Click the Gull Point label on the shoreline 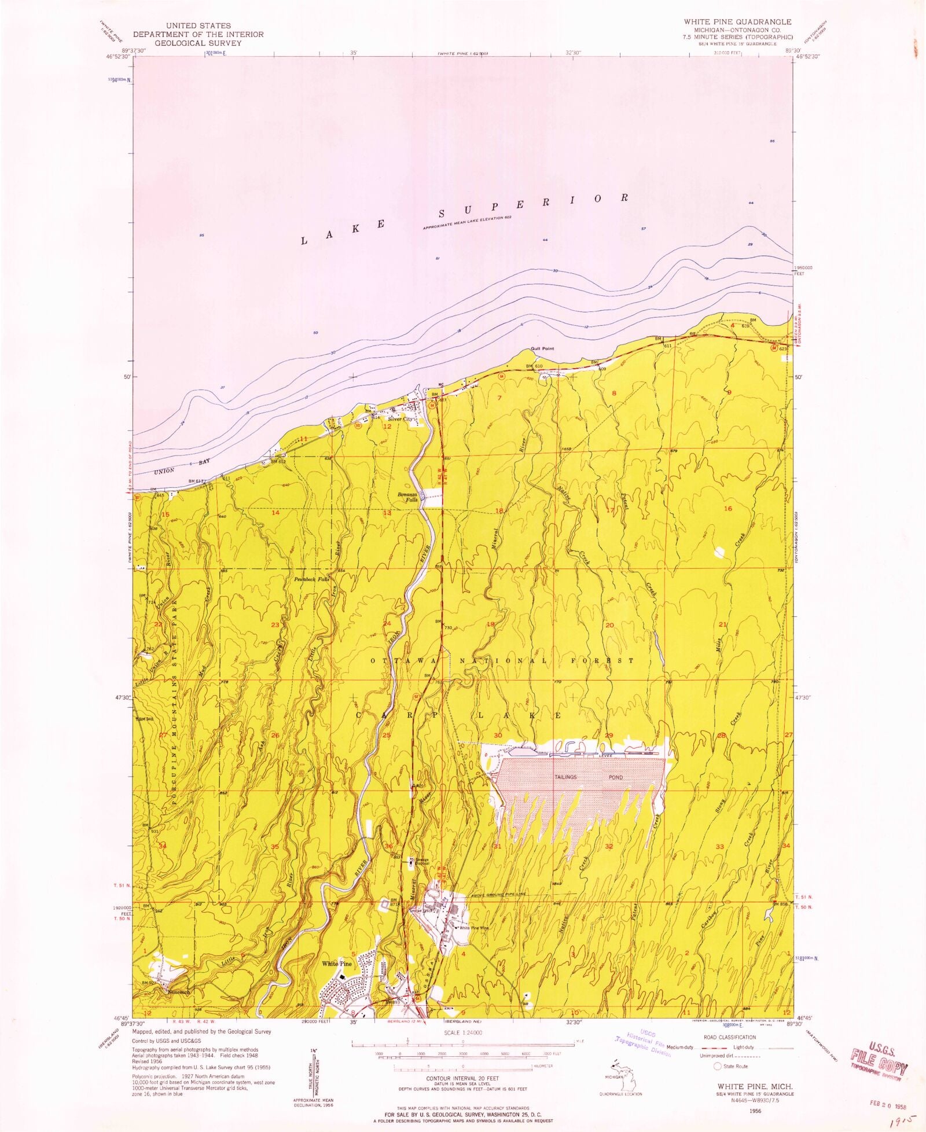pyautogui.click(x=542, y=349)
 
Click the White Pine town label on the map pyautogui.click(x=337, y=964)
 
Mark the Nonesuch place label pyautogui.click(x=179, y=992)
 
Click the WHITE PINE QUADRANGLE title pyautogui.click(x=737, y=21)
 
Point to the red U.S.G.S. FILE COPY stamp pyautogui.click(x=879, y=1061)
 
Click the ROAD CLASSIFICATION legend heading pyautogui.click(x=729, y=1037)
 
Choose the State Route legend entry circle pyautogui.click(x=718, y=1066)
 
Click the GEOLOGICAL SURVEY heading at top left pyautogui.click(x=197, y=42)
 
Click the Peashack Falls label pyautogui.click(x=311, y=579)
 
